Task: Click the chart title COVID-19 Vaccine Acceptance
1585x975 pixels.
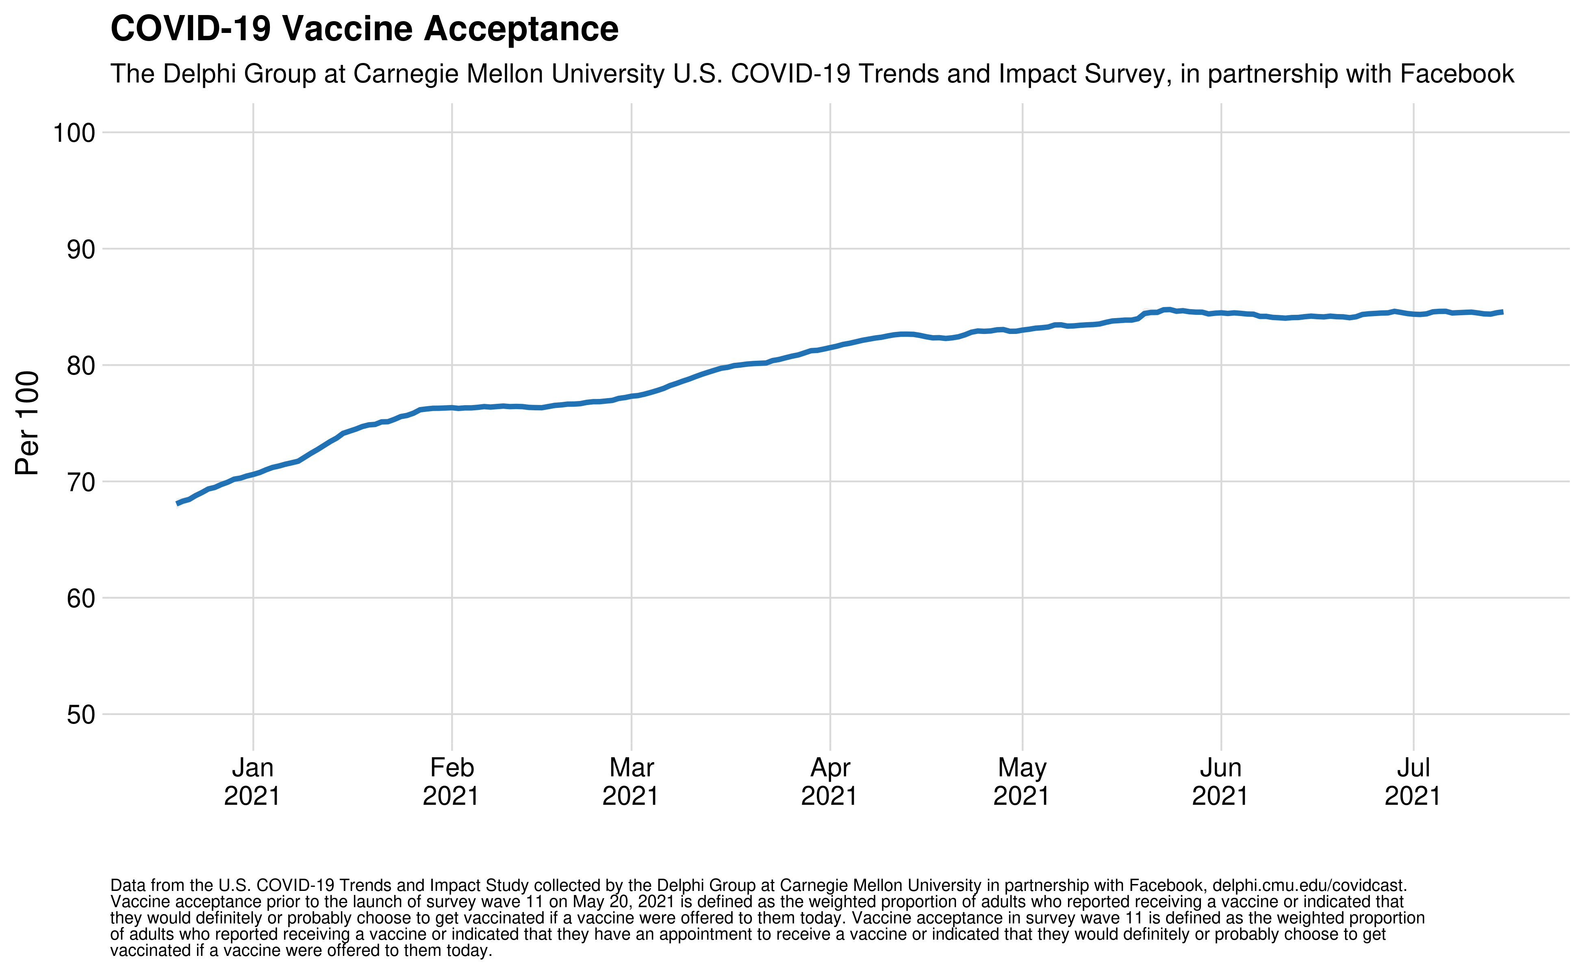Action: click(x=365, y=29)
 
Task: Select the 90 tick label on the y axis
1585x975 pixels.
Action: click(x=80, y=249)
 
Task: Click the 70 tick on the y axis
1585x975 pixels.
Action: click(x=80, y=482)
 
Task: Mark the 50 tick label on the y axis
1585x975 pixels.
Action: click(x=80, y=715)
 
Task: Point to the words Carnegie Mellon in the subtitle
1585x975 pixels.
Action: click(x=509, y=74)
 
